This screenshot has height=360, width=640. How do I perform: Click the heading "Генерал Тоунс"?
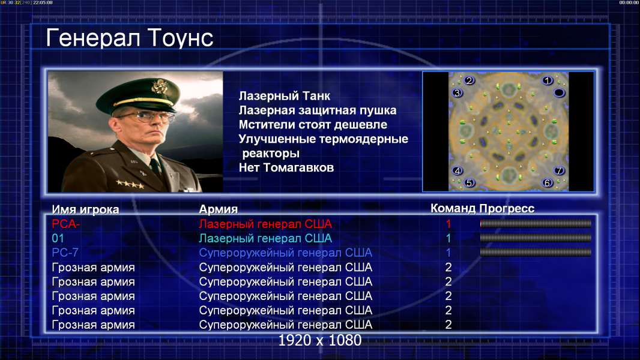130,38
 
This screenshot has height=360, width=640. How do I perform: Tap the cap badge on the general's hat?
158,86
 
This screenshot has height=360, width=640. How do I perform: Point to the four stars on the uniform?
130,184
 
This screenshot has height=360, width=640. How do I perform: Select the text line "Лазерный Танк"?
285,96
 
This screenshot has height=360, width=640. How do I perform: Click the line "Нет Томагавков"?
286,167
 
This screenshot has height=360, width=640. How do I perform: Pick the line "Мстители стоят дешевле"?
313,125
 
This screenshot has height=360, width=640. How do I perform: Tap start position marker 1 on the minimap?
548,81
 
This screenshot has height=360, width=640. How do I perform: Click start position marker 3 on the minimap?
457,93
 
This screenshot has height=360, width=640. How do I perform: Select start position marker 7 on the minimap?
559,170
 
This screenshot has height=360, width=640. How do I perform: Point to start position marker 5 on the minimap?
469,182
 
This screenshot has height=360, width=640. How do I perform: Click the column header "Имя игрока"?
85,209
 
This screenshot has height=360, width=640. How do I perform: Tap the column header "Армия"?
219,209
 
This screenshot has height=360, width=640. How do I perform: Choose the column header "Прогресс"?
507,209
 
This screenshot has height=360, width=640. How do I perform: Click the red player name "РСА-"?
66,224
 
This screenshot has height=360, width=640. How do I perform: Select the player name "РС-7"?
65,253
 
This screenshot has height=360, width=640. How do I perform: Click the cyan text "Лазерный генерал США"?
265,239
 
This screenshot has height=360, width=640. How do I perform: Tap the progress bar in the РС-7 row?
536,253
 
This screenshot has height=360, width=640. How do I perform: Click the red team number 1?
448,224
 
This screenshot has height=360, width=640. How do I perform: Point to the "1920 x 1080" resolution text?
320,340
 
